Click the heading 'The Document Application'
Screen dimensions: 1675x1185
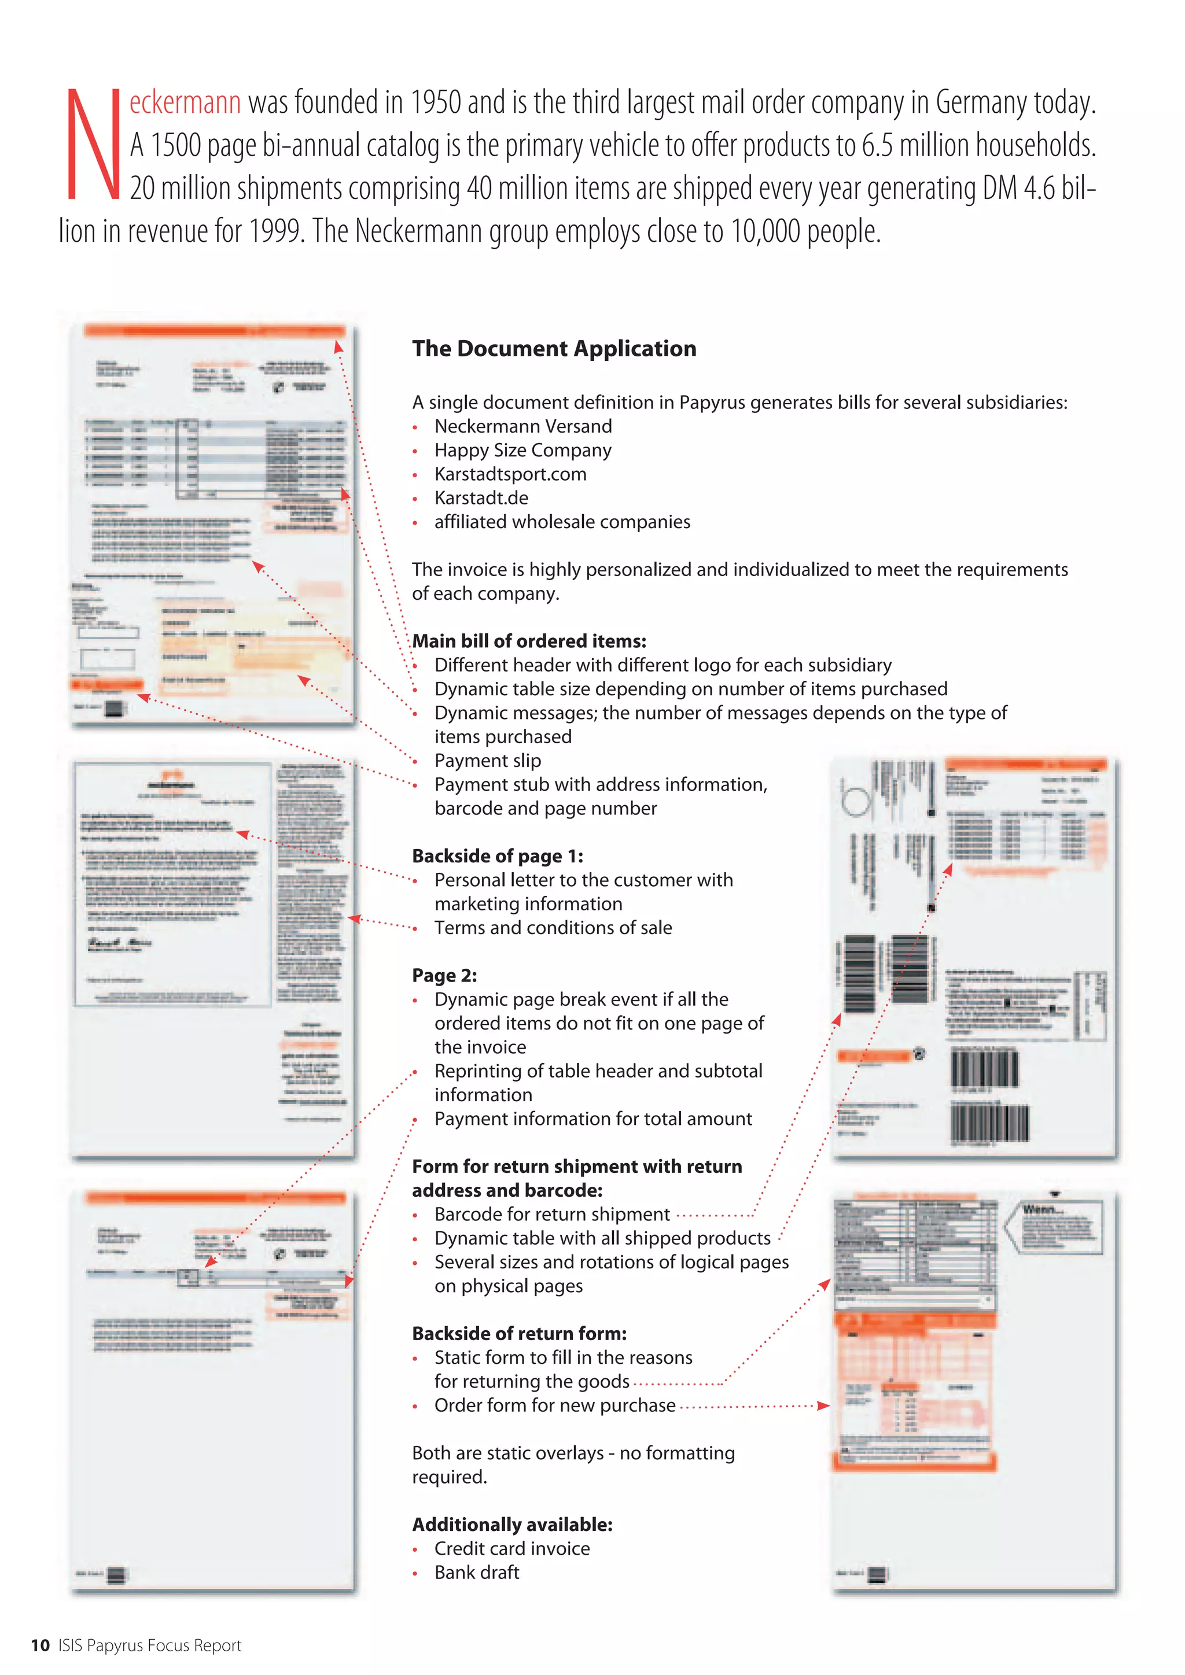click(554, 349)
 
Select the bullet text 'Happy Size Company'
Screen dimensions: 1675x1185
click(522, 450)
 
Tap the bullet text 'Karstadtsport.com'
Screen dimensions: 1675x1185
click(510, 474)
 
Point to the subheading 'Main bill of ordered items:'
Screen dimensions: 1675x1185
click(529, 641)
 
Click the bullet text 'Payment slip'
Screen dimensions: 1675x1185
click(487, 761)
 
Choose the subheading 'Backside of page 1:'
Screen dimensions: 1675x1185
click(498, 856)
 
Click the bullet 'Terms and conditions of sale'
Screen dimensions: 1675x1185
click(553, 928)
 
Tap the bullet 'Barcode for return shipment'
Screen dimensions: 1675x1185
click(551, 1215)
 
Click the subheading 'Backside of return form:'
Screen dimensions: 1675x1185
click(519, 1334)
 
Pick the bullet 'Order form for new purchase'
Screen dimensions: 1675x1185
click(554, 1406)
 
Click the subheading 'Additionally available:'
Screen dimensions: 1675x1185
click(512, 1525)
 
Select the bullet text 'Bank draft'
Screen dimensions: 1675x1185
click(476, 1573)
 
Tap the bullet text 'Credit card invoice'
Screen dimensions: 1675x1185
click(511, 1549)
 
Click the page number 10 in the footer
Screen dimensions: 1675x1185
click(40, 1645)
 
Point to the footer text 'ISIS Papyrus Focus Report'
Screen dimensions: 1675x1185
click(150, 1645)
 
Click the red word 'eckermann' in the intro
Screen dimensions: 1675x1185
click(185, 103)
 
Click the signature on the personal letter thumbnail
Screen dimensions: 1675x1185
click(119, 943)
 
